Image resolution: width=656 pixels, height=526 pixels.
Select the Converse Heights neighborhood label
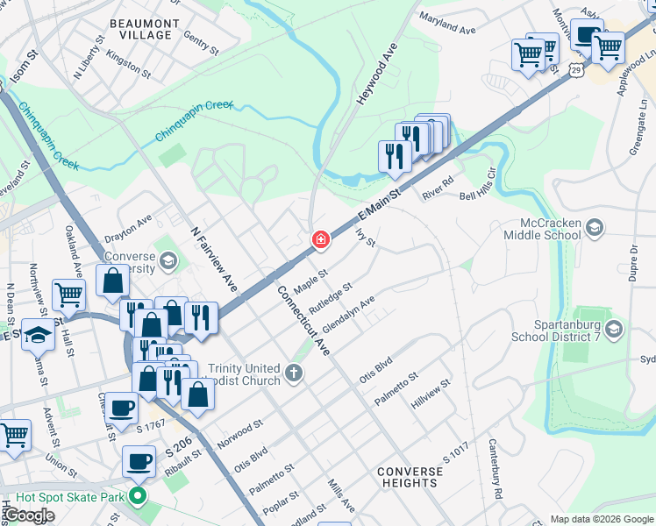pyautogui.click(x=410, y=477)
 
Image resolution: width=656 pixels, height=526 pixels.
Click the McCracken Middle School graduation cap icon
pyautogui.click(x=595, y=227)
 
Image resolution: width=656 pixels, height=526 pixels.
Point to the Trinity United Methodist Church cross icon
pyautogui.click(x=294, y=374)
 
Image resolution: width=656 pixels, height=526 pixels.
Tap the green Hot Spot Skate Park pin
pyautogui.click(x=136, y=497)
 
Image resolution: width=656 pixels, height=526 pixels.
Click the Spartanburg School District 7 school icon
pyautogui.click(x=613, y=329)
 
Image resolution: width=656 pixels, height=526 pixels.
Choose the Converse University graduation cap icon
pyautogui.click(x=168, y=260)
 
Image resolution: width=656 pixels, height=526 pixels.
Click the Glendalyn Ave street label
pyautogui.click(x=348, y=314)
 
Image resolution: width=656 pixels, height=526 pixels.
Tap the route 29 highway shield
pyautogui.click(x=575, y=68)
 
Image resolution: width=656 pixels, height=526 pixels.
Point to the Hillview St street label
pyautogui.click(x=430, y=394)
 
